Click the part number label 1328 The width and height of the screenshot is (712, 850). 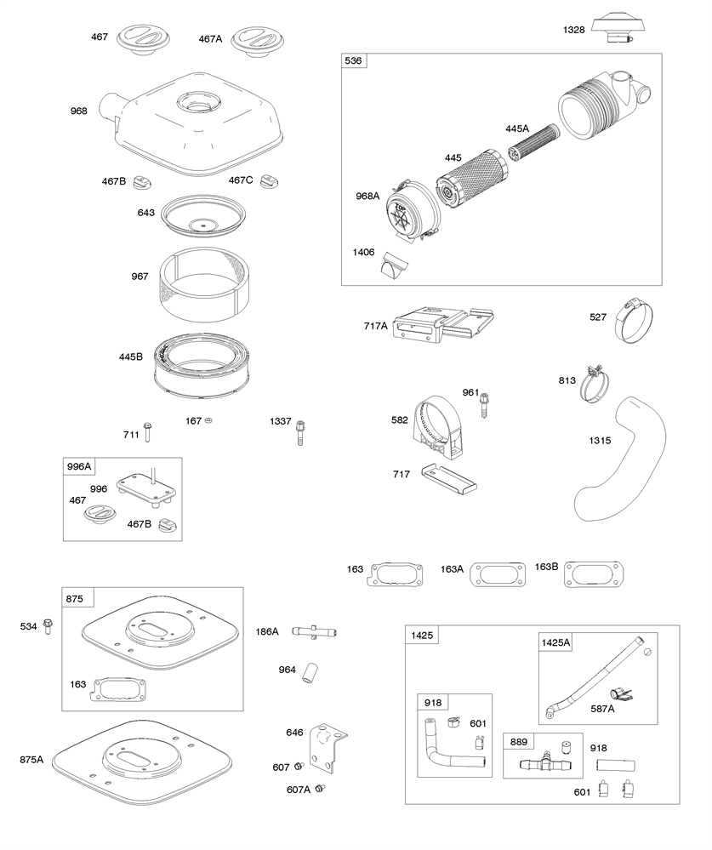coord(574,30)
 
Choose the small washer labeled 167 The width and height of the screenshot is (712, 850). coord(210,421)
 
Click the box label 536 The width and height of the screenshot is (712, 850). coord(353,61)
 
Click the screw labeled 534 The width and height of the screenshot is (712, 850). coord(48,628)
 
